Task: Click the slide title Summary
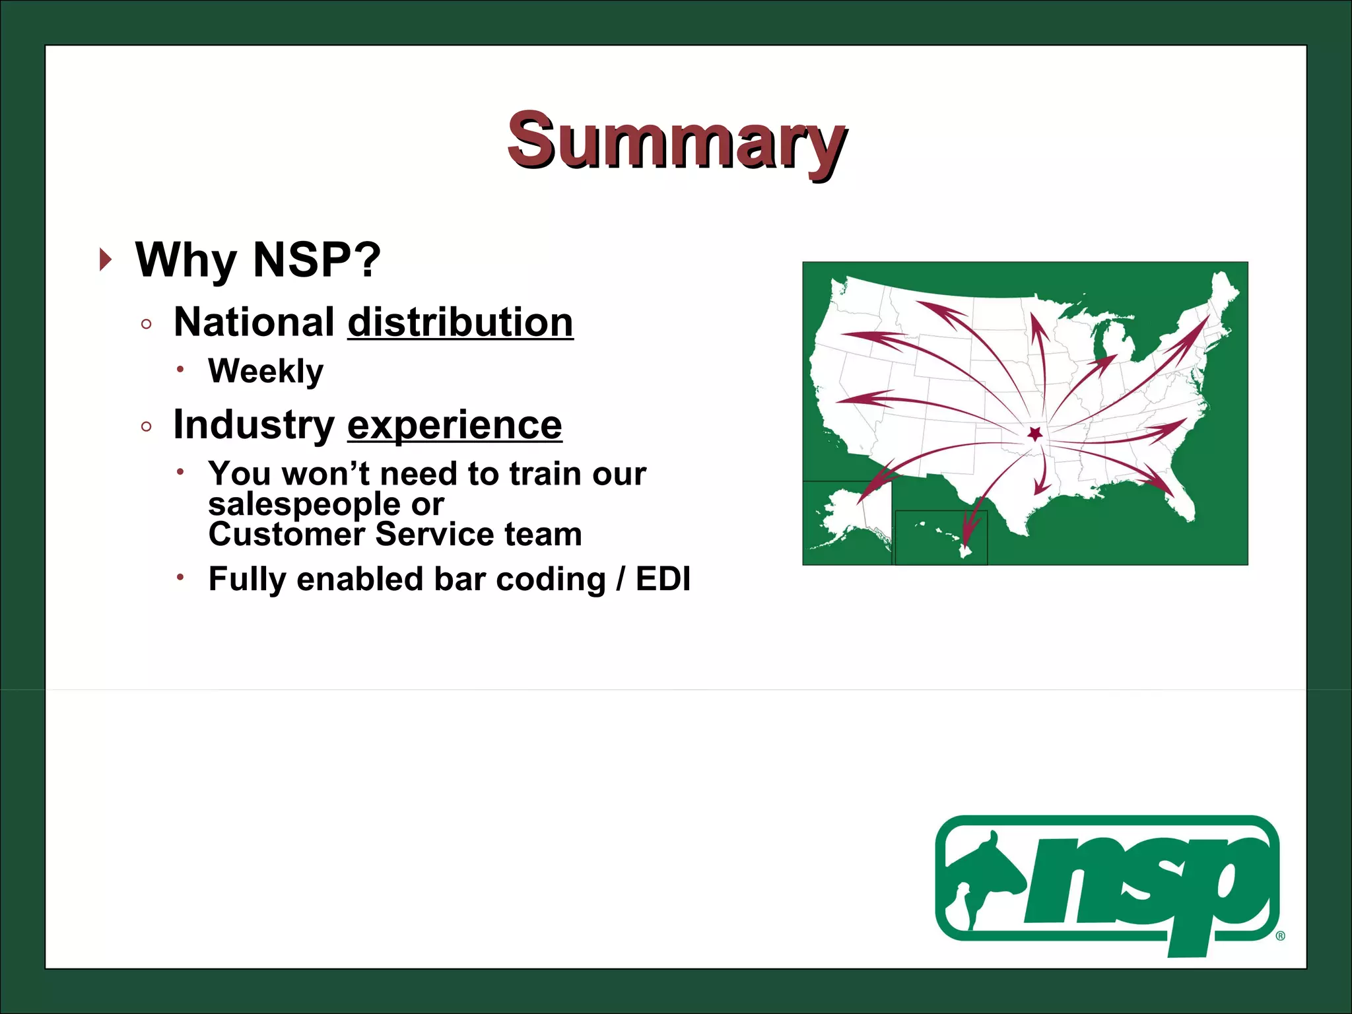click(677, 140)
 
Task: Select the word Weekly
click(265, 371)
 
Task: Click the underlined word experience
click(454, 424)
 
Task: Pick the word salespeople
click(304, 504)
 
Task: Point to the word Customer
click(286, 534)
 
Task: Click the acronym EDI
click(663, 579)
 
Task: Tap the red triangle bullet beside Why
click(105, 259)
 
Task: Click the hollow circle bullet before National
click(147, 324)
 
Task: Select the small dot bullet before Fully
click(180, 577)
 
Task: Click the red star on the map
click(1035, 434)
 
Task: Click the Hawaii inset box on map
click(941, 537)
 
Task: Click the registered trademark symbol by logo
click(1281, 935)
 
